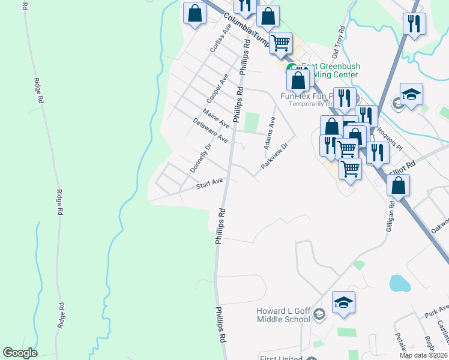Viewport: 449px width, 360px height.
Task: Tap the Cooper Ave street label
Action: [x=218, y=88]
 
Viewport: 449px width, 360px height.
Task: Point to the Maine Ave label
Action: [x=216, y=118]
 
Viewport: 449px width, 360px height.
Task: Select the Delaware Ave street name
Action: [x=211, y=130]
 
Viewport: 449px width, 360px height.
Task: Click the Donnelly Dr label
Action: [x=201, y=158]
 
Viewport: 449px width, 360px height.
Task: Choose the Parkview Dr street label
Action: [x=275, y=155]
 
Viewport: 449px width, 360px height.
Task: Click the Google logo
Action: [x=20, y=352]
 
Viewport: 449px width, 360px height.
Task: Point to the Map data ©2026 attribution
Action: [x=423, y=355]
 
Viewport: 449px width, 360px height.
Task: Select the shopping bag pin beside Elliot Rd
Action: [x=398, y=185]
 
